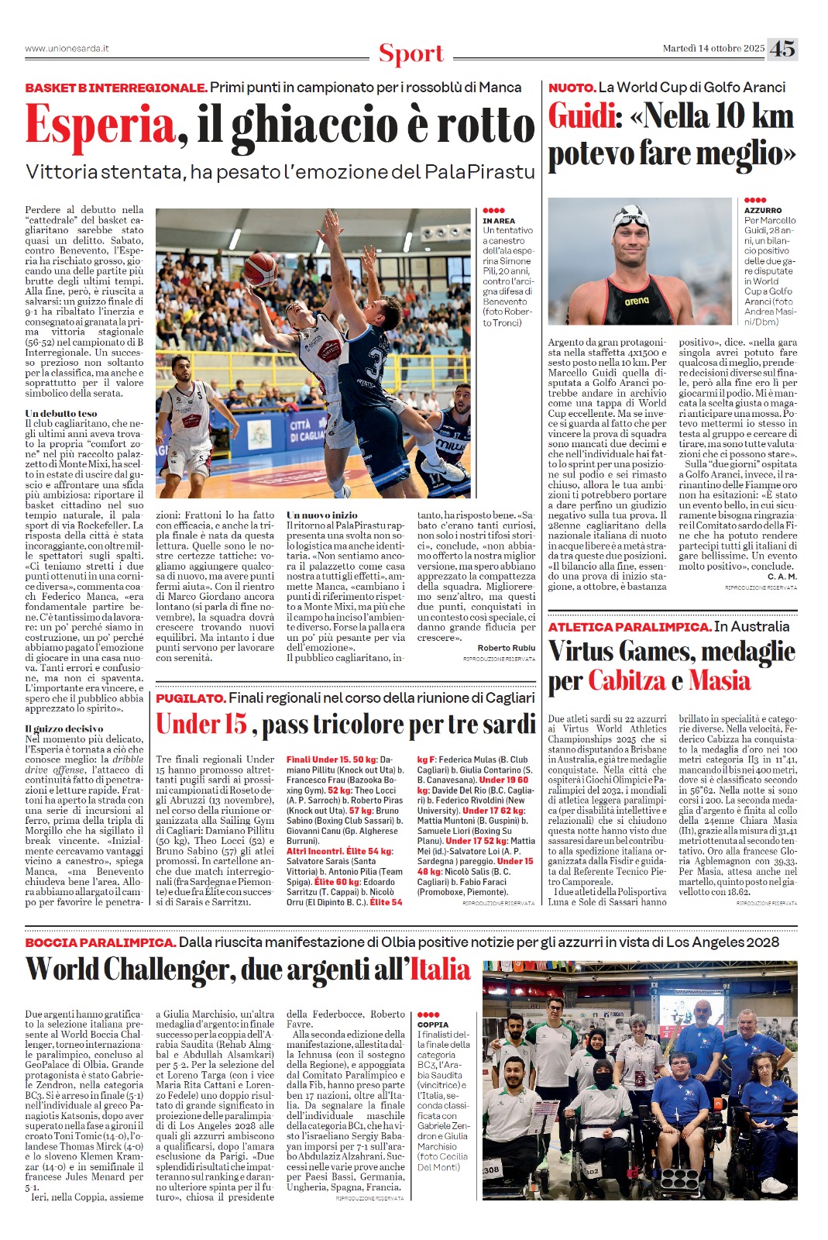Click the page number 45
(x=782, y=49)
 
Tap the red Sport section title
(x=411, y=54)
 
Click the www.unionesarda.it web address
(x=67, y=49)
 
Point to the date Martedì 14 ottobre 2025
(x=713, y=49)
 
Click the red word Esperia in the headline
(x=101, y=125)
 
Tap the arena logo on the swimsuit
(x=637, y=301)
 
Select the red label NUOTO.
(x=572, y=88)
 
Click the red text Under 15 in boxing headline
(x=201, y=724)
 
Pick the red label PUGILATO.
(x=191, y=698)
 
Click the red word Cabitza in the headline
(x=627, y=680)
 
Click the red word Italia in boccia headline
(x=440, y=970)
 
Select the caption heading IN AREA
(x=499, y=221)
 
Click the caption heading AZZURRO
(x=763, y=210)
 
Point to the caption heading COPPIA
(x=433, y=1025)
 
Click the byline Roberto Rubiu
(x=506, y=648)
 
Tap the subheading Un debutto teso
(x=61, y=414)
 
